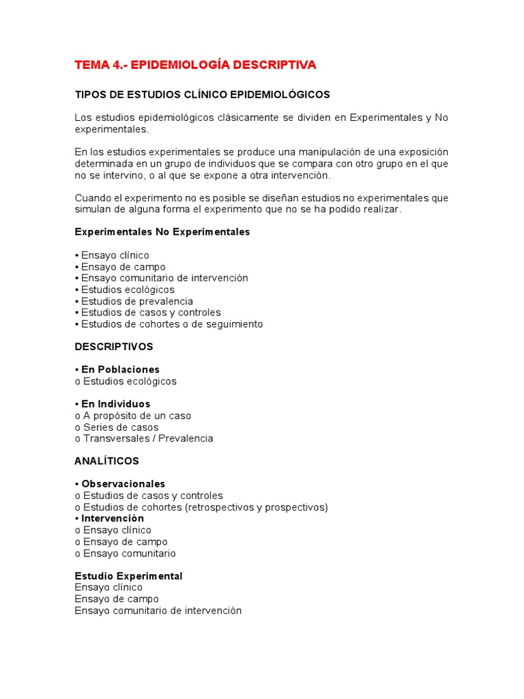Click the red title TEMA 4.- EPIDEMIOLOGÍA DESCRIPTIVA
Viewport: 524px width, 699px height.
(x=195, y=66)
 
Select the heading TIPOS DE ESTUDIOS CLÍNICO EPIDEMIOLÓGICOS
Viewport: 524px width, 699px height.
(x=202, y=94)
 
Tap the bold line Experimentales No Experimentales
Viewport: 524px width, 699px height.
(x=162, y=232)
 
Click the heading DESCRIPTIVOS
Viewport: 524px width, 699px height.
(x=113, y=347)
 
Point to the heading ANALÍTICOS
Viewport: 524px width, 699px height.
(x=106, y=461)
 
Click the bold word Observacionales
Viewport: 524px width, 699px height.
(x=123, y=484)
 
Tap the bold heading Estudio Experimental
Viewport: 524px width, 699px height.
(x=128, y=576)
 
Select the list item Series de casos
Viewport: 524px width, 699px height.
(x=120, y=427)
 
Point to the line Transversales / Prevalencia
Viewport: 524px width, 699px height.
(x=147, y=438)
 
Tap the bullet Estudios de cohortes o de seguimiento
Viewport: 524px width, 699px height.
(x=172, y=324)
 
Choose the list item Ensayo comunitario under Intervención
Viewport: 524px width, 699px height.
(x=129, y=553)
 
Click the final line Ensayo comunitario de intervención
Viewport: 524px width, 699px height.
(x=158, y=610)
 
